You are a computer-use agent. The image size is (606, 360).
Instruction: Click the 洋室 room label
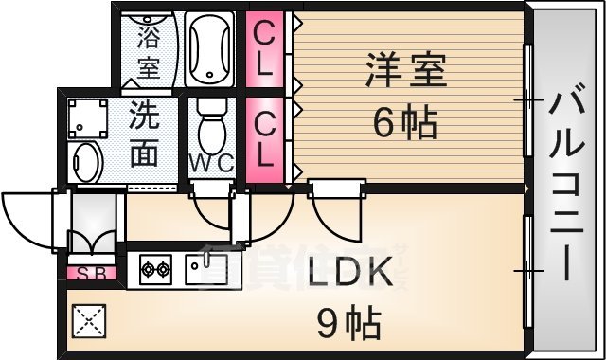tap(404, 70)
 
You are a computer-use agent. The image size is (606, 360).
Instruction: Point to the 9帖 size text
tap(348, 324)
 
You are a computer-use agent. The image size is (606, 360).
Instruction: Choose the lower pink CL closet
tap(265, 139)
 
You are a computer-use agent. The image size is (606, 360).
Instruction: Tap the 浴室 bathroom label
tap(149, 53)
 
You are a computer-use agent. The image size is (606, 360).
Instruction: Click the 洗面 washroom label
tap(144, 135)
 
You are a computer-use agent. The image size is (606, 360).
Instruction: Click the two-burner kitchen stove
tap(154, 271)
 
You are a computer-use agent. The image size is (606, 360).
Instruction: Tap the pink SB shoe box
tap(91, 275)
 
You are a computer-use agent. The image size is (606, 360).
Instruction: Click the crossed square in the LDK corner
tap(88, 323)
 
